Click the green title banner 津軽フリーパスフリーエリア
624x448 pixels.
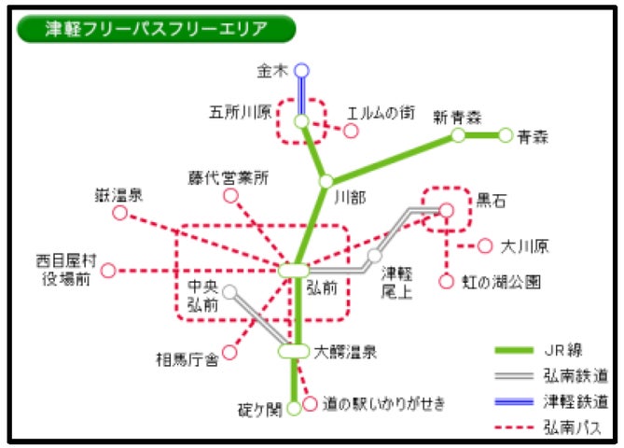(156, 28)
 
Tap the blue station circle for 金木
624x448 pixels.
(300, 70)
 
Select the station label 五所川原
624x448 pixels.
(240, 113)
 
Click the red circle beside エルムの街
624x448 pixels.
(351, 131)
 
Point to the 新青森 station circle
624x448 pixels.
(458, 135)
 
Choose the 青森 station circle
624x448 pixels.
(506, 135)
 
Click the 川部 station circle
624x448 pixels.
(326, 181)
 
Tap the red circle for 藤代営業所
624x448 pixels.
(230, 196)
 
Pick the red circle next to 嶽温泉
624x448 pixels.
(119, 214)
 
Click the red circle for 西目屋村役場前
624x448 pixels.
(108, 271)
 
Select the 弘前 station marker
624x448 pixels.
(293, 270)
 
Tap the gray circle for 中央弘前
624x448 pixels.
(229, 292)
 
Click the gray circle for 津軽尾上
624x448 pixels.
(374, 255)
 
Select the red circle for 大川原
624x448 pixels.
(484, 246)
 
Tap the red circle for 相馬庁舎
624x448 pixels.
(232, 354)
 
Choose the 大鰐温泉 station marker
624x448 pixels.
(293, 352)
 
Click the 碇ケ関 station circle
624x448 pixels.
(294, 408)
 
